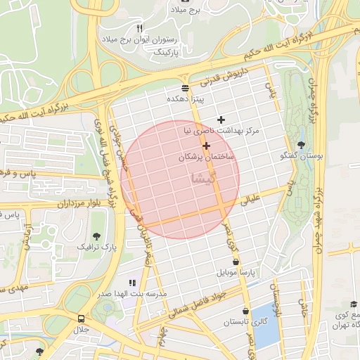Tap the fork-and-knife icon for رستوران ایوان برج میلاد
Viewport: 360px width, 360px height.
[x=139, y=27]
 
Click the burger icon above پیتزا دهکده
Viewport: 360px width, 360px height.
[x=185, y=88]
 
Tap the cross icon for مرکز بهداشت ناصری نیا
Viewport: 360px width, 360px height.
[x=221, y=120]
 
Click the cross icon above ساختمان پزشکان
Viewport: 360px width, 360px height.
[x=206, y=146]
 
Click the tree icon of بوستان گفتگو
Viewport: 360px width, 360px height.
[x=302, y=145]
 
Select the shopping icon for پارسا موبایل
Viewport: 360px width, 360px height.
[x=245, y=261]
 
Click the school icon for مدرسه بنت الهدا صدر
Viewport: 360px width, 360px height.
[x=133, y=283]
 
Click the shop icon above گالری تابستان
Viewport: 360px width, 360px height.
[x=245, y=310]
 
